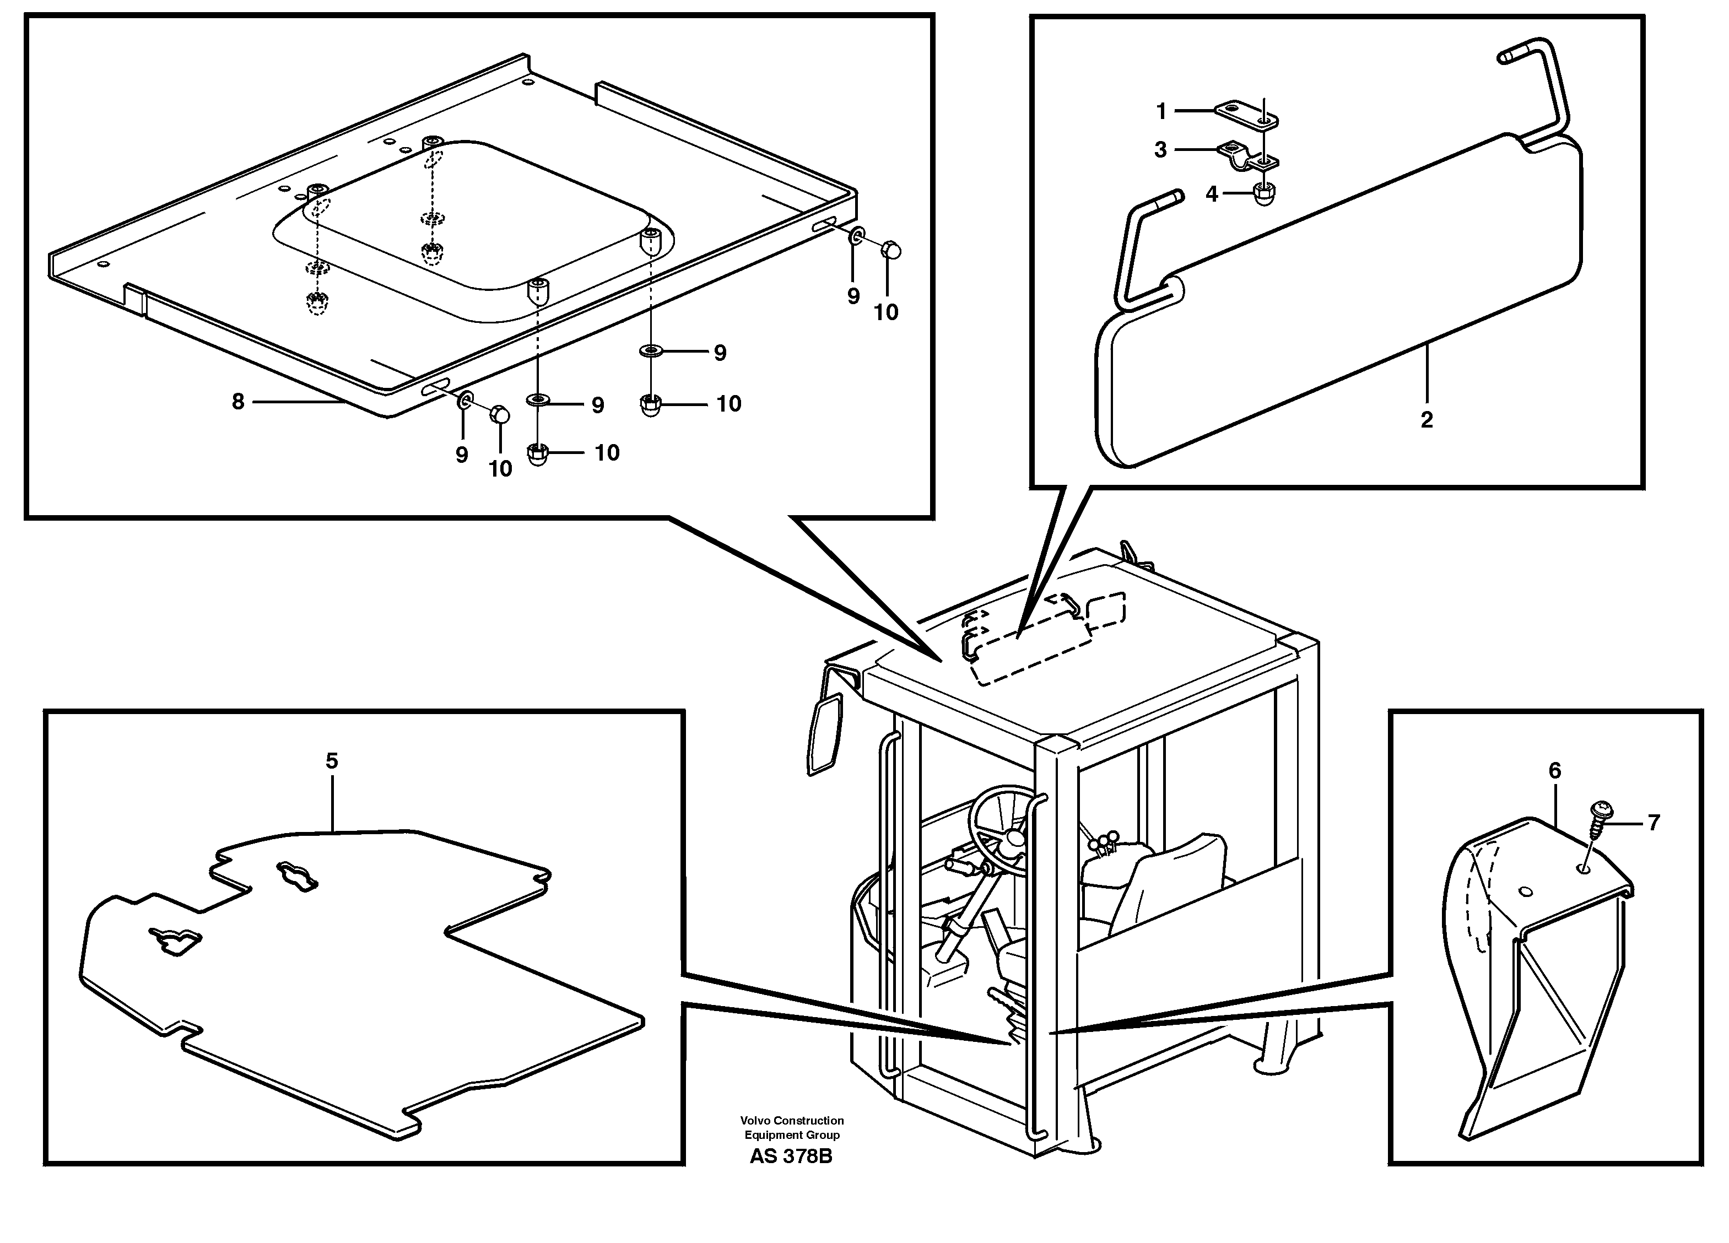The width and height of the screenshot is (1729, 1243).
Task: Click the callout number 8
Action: click(238, 402)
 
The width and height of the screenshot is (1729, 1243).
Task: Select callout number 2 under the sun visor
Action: click(1427, 420)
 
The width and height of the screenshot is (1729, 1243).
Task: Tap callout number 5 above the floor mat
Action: click(332, 760)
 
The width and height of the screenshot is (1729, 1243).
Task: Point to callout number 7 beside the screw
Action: click(1653, 823)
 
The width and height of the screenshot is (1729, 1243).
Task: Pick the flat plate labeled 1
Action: click(1246, 115)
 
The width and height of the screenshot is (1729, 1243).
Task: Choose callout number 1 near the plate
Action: click(1161, 112)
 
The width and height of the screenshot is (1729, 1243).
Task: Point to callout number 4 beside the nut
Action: click(1212, 194)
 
